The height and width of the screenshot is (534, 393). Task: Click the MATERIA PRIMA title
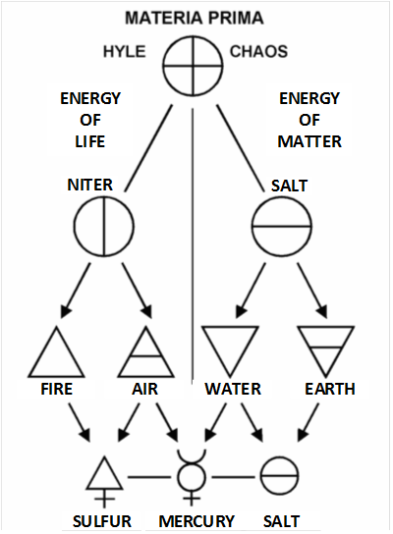(195, 18)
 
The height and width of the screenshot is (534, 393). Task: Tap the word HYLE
(125, 52)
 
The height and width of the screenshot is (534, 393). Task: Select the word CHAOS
(258, 52)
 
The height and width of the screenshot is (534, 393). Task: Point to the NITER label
(90, 185)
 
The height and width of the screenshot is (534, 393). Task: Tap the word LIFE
(90, 141)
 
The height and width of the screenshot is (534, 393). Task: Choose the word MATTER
(309, 141)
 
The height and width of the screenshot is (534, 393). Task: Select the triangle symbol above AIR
(146, 356)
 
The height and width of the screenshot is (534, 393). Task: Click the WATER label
(233, 389)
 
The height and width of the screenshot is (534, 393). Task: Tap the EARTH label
(330, 389)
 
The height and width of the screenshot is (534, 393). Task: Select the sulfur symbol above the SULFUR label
(104, 490)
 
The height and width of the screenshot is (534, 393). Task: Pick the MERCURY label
(196, 521)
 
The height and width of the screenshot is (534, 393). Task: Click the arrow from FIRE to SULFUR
(80, 423)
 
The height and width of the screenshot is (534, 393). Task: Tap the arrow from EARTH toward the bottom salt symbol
(309, 423)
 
